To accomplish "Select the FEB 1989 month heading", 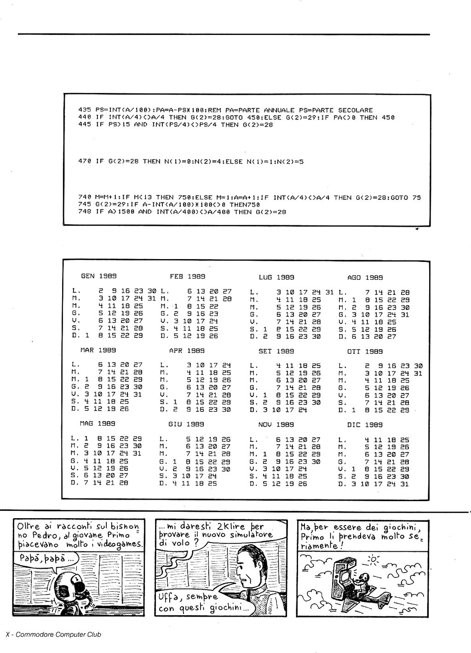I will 187,277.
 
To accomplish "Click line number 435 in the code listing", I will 85,110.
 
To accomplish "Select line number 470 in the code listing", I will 85,162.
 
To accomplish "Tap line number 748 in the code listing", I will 85,212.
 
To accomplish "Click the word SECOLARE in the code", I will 355,110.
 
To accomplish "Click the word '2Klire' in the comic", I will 237,526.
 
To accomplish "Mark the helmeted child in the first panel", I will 71,590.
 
